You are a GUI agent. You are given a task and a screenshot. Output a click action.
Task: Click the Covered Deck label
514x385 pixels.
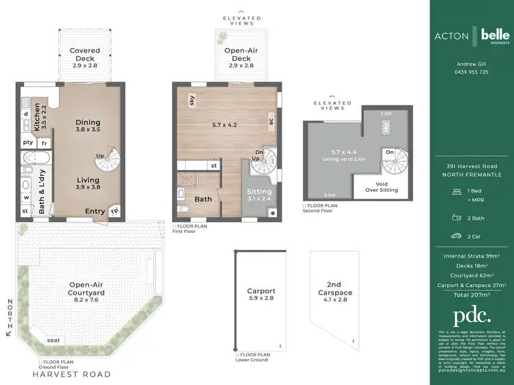(85, 55)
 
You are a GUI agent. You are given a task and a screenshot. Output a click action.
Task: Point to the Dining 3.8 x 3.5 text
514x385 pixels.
(87, 125)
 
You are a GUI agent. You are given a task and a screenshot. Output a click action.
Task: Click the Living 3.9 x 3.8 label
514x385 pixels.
(87, 184)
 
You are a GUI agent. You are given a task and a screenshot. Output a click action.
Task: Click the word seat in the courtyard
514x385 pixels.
(53, 340)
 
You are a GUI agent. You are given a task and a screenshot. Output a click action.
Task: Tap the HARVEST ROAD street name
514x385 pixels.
(72, 375)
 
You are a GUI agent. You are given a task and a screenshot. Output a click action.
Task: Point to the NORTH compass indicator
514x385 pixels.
(9, 316)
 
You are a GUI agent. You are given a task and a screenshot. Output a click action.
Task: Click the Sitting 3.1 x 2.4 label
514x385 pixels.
(259, 195)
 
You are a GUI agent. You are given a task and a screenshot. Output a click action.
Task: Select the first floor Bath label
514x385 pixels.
(203, 199)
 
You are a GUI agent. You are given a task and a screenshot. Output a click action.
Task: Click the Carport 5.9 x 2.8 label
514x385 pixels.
(261, 295)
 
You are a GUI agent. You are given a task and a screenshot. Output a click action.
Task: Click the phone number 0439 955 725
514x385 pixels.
(472, 72)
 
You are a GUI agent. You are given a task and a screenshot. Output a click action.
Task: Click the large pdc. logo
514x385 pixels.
(472, 316)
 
